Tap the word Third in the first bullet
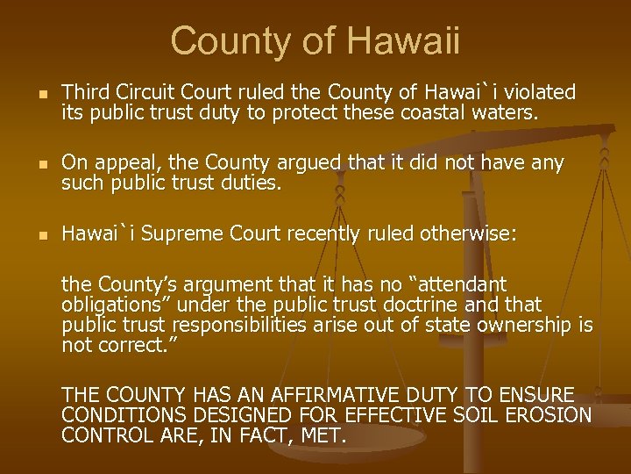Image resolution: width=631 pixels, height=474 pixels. coord(84,92)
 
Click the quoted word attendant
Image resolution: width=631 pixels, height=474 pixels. coord(464,285)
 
